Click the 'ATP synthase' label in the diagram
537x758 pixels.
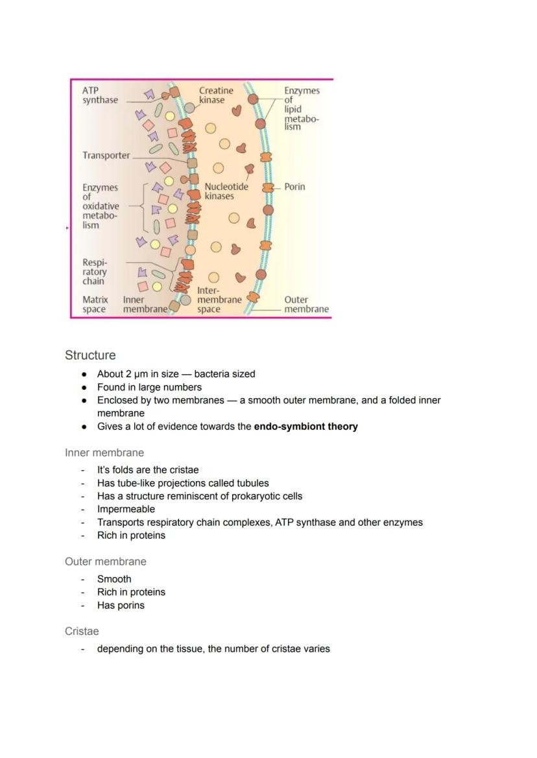(100, 95)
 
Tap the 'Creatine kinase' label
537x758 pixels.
(215, 95)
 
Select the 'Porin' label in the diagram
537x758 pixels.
(294, 187)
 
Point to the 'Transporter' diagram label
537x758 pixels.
(106, 156)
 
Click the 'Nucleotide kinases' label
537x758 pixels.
(226, 191)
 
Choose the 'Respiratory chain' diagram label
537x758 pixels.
(94, 272)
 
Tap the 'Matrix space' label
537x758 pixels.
(95, 305)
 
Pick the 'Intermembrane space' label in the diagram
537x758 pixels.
(219, 300)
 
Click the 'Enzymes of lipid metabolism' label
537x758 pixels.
(302, 108)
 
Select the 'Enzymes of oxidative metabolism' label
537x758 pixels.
(101, 206)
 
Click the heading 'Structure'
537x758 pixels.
(90, 355)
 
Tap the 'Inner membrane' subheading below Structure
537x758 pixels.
(104, 453)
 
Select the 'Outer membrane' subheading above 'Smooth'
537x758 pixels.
(106, 562)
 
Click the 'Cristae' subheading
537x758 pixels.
(82, 631)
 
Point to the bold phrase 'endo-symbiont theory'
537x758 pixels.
(305, 427)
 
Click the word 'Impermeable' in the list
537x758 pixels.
(126, 509)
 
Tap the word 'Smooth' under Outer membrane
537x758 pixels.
(114, 579)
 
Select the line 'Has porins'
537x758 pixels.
(121, 606)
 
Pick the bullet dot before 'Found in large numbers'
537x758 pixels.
(84, 387)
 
